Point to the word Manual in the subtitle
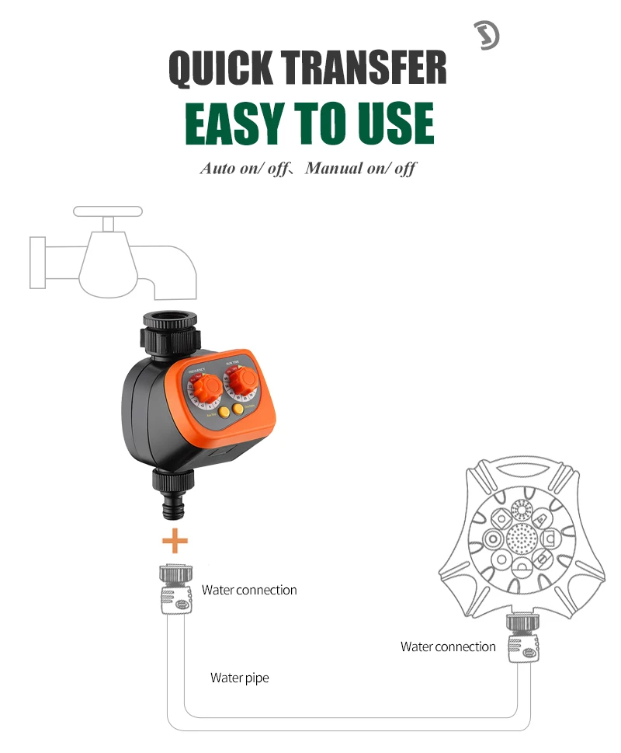point(335,169)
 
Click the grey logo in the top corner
point(486,36)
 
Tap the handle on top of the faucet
point(108,211)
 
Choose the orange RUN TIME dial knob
point(244,381)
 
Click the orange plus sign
point(175,540)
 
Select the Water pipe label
point(240,678)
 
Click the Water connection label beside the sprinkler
point(448,647)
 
